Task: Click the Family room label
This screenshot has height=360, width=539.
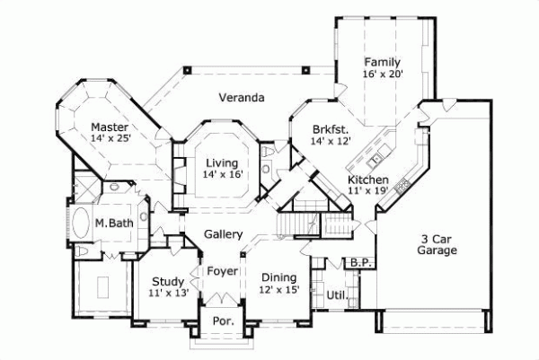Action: (x=382, y=62)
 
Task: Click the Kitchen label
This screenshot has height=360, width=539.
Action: (x=368, y=180)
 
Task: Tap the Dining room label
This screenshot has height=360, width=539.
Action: (x=278, y=277)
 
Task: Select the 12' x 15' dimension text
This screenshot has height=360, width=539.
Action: (x=278, y=290)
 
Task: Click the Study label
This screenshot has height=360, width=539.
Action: (x=168, y=281)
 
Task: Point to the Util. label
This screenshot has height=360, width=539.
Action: (x=336, y=294)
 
